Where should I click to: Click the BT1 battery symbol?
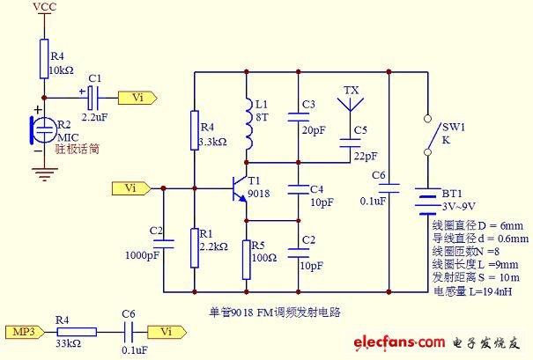click(427, 202)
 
